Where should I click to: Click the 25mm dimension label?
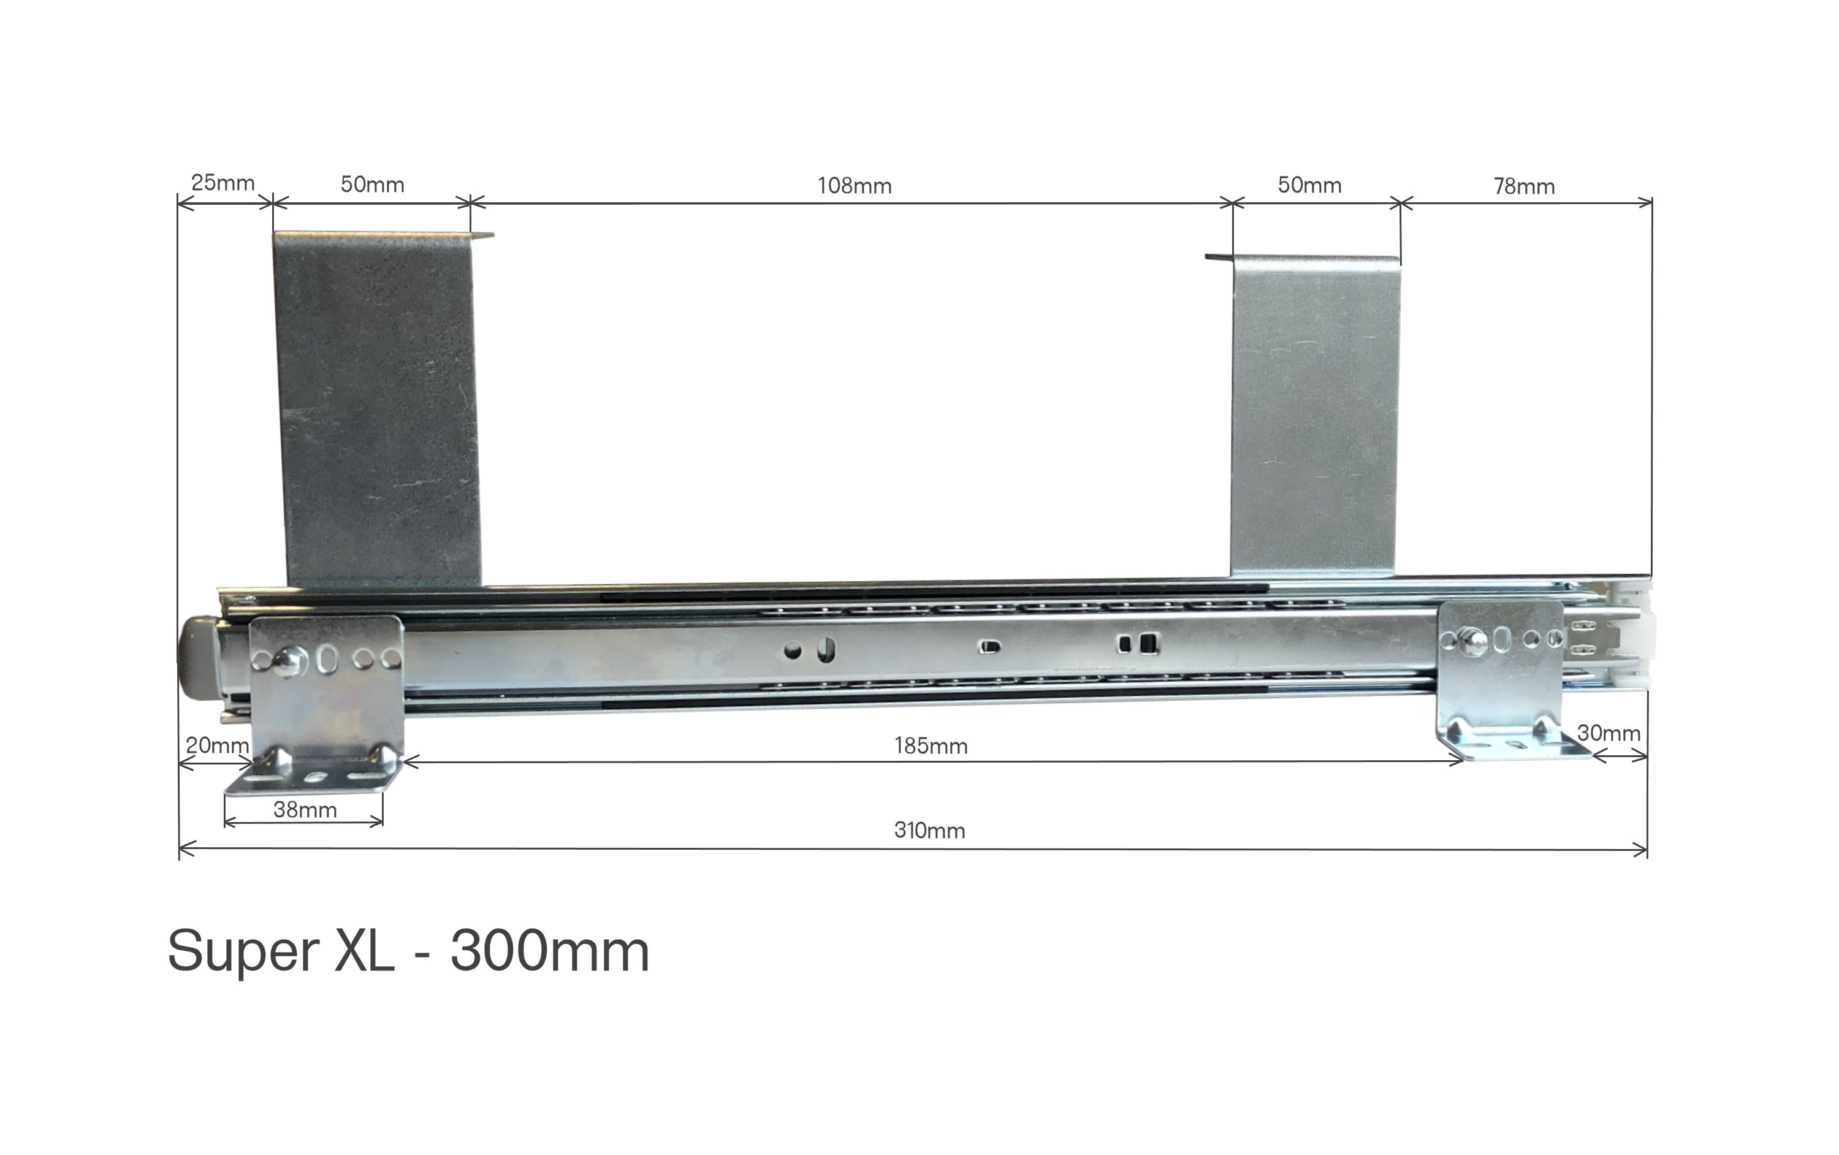[223, 183]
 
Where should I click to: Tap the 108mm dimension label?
[855, 186]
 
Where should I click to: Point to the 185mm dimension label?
[931, 745]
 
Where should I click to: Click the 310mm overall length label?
[929, 830]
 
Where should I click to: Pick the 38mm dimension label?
[305, 810]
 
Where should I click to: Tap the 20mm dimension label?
[217, 745]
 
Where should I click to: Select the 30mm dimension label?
[1609, 733]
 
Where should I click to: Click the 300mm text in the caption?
[550, 951]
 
